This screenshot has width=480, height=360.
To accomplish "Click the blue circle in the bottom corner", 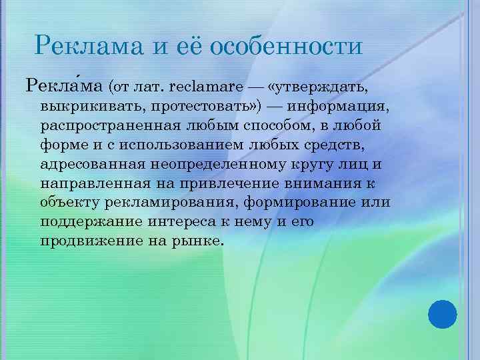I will [x=441, y=313].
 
